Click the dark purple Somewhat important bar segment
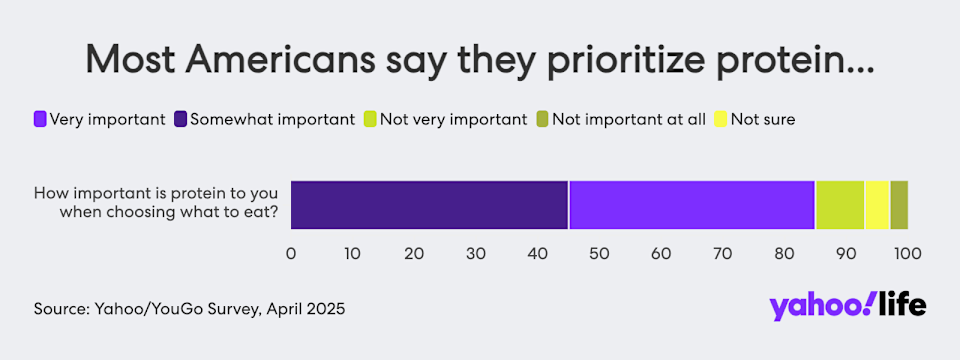point(429,205)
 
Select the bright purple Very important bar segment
point(692,205)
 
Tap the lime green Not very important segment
point(840,205)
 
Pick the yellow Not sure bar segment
point(877,205)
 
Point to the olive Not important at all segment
point(899,205)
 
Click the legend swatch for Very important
point(40,119)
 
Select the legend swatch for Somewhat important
point(181,119)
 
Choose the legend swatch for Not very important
point(370,119)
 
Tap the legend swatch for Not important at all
point(542,119)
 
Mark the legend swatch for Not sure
point(721,119)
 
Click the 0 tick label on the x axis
point(291,253)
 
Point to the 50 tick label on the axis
point(599,253)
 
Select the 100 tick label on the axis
point(908,253)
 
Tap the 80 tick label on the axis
point(785,253)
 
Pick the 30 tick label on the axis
point(476,253)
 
